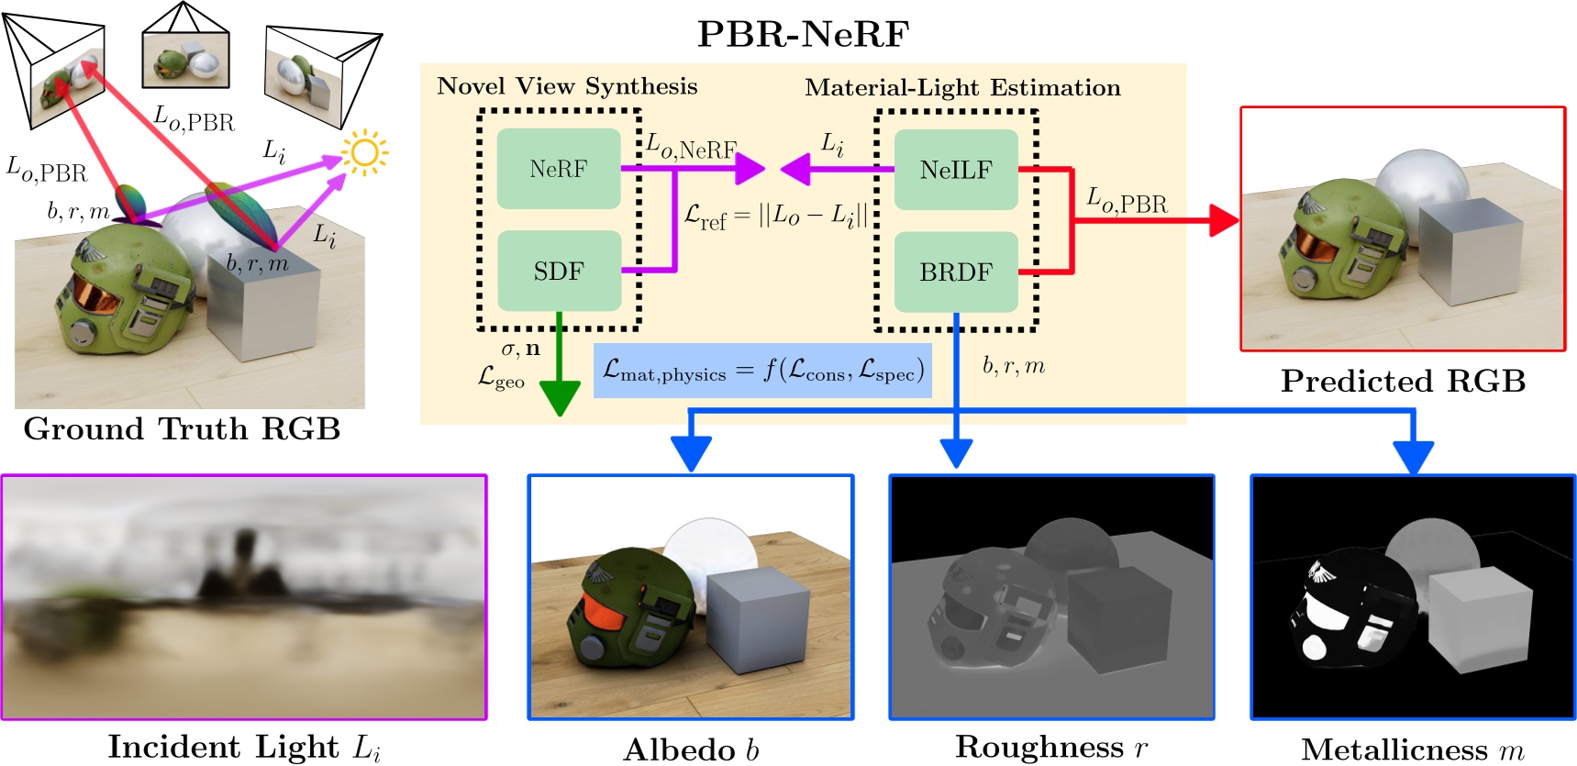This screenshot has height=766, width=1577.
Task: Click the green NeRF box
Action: click(558, 169)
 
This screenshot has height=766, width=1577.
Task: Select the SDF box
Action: click(558, 272)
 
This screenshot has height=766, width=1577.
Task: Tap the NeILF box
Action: click(955, 170)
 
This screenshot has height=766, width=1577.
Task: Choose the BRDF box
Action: click(955, 272)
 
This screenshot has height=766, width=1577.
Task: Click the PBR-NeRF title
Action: click(803, 34)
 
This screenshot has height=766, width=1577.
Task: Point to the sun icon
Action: click(364, 152)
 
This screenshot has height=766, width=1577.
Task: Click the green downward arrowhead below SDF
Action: click(559, 396)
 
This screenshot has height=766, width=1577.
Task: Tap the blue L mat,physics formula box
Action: click(762, 371)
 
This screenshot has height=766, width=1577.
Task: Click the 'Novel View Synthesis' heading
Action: click(567, 86)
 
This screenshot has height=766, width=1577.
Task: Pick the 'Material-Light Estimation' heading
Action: click(962, 88)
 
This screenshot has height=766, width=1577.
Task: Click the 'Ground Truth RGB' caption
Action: click(182, 428)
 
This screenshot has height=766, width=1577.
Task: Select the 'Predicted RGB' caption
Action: click(1403, 381)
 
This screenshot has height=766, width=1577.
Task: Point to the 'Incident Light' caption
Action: click(244, 747)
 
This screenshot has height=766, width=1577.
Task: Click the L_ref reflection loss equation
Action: click(775, 216)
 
